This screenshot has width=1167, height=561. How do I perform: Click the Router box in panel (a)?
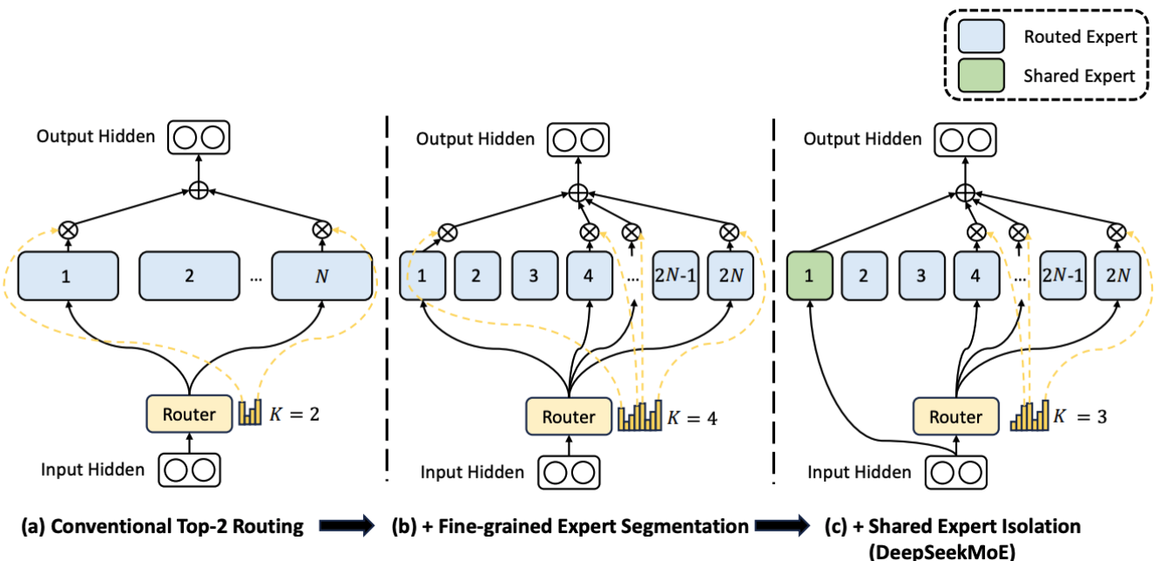point(189,414)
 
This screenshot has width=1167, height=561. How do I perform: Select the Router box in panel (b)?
point(569,416)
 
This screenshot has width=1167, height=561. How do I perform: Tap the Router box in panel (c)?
point(955,416)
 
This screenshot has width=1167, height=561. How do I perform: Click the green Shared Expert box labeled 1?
point(808,276)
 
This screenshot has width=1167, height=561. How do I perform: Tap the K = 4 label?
point(692,416)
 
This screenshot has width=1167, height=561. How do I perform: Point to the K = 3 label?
point(1079,416)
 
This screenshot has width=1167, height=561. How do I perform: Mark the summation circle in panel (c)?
point(963,193)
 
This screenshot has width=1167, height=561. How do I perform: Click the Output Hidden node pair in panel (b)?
point(576,139)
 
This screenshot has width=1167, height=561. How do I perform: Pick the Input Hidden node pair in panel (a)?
point(190,470)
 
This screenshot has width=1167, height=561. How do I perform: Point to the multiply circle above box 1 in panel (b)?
point(448,232)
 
